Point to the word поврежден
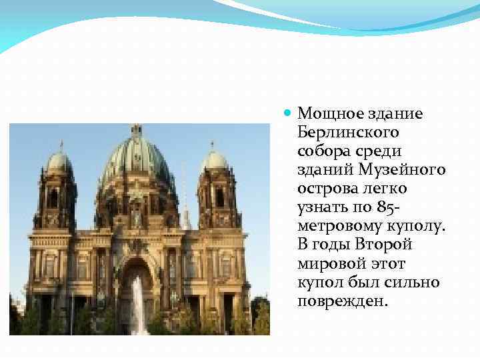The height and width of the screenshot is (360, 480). coord(341,301)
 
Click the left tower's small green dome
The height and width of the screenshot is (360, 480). coord(59,162)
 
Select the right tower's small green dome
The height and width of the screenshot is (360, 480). coord(213,161)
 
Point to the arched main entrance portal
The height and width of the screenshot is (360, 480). coord(137,287)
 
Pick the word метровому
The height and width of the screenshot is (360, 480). coord(333,227)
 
